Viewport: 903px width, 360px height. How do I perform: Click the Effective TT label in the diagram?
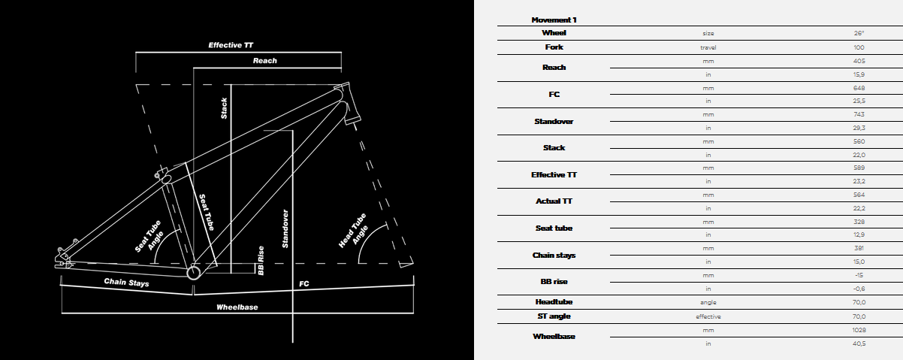[x=231, y=45]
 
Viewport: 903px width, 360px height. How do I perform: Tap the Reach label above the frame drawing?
[x=265, y=60]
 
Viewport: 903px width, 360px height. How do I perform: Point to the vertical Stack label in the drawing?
[x=224, y=108]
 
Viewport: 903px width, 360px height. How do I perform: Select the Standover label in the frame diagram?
[x=285, y=228]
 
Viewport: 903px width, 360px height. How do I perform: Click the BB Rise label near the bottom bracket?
[x=261, y=261]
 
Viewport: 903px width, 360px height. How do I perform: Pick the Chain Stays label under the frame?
[x=126, y=282]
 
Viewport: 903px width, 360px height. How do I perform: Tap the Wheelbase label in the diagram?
[x=237, y=307]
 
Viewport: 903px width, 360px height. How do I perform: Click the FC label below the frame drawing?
[x=304, y=284]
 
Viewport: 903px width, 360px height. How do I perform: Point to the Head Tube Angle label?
[x=354, y=231]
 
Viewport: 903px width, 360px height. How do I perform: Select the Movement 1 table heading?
[x=554, y=20]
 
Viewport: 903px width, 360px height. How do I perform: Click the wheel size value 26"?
[x=859, y=33]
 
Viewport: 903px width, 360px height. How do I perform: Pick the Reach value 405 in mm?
[x=859, y=61]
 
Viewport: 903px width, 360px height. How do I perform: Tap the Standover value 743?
[x=859, y=114]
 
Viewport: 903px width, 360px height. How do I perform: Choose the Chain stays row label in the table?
[x=554, y=256]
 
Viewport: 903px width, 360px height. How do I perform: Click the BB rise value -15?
[x=859, y=275]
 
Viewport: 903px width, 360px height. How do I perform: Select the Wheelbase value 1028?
[x=859, y=330]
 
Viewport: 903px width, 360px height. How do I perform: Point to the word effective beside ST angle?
[x=708, y=317]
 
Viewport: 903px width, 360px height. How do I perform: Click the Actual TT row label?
[x=554, y=201]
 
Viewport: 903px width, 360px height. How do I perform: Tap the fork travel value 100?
[x=859, y=47]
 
